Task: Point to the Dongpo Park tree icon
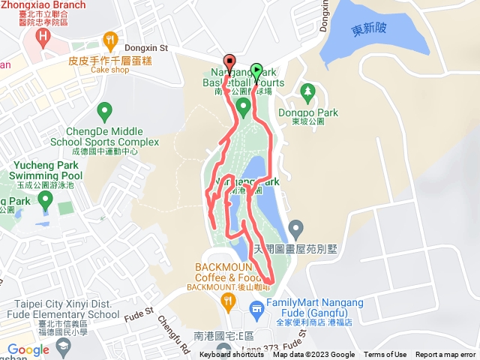(x=307, y=92)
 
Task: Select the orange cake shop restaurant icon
(x=111, y=39)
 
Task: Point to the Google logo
(x=28, y=349)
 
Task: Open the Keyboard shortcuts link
(x=232, y=355)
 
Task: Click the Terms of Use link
(x=385, y=355)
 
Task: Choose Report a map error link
(x=446, y=355)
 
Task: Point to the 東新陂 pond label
(x=369, y=31)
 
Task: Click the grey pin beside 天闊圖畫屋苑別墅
(x=296, y=226)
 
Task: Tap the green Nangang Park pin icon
(x=243, y=109)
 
